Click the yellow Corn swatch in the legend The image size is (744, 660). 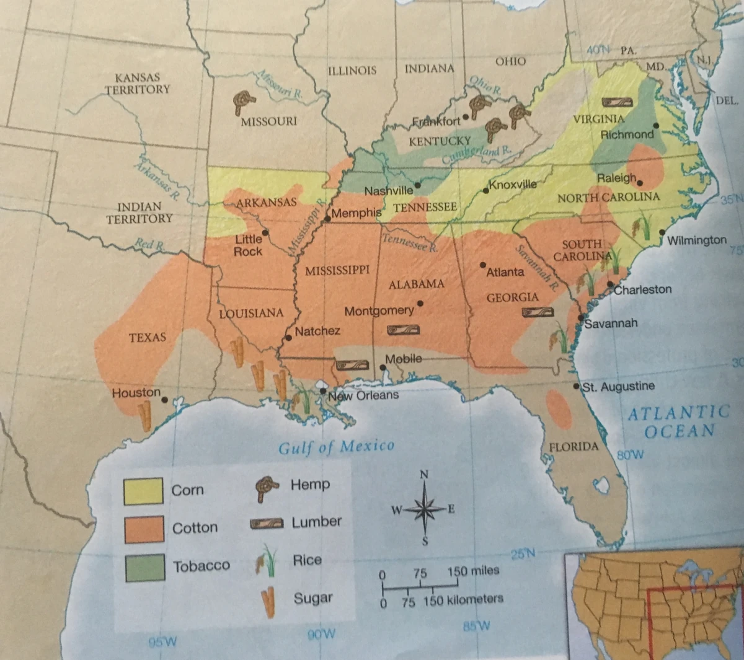[143, 491]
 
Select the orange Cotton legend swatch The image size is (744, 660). [144, 529]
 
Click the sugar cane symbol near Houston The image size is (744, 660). [145, 415]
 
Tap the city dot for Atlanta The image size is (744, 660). [483, 265]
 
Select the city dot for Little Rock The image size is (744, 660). [265, 233]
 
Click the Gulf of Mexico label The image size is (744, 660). [336, 447]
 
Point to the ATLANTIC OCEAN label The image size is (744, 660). [680, 421]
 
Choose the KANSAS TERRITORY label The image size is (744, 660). [137, 84]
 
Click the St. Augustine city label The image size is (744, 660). [618, 387]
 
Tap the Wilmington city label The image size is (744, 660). [697, 240]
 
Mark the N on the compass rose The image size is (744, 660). [424, 475]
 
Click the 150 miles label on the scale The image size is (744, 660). [473, 571]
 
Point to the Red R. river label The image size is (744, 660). [149, 244]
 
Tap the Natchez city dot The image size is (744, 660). [288, 338]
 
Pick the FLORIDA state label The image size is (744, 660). [573, 447]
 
